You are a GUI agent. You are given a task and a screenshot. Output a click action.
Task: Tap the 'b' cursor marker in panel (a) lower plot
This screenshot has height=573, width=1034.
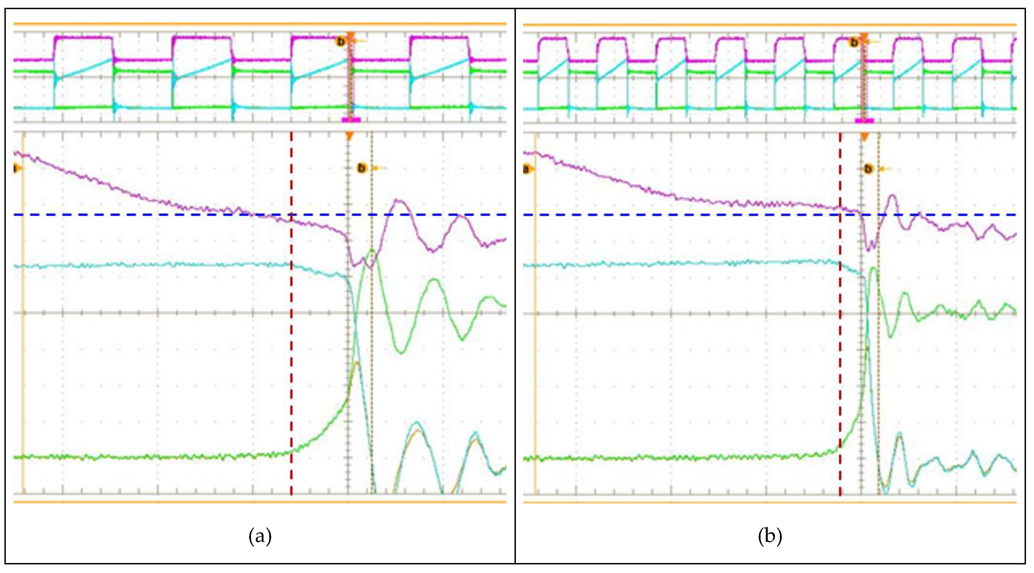coord(362,168)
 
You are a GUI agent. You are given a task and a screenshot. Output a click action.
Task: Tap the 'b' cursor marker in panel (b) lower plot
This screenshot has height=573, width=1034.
coord(868,169)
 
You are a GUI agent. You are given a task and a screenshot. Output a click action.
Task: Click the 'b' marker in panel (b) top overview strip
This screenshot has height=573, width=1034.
coord(854,42)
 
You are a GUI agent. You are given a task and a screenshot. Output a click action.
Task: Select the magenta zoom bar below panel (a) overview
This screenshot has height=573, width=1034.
coord(351,120)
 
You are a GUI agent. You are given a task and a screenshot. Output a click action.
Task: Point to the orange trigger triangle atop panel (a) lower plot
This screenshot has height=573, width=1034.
coord(349,137)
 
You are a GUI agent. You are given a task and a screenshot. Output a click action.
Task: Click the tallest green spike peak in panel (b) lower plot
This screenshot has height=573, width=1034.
coord(873,268)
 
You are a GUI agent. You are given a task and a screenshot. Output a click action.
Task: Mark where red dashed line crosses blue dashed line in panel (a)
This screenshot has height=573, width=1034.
coord(291,215)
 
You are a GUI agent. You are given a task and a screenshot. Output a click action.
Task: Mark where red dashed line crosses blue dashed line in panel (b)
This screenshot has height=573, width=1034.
coord(840,215)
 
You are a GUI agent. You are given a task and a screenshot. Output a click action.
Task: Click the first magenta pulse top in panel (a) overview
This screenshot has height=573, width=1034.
coord(83,37)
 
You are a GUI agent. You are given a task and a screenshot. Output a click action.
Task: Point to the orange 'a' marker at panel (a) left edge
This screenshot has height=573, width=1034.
coord(16,168)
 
